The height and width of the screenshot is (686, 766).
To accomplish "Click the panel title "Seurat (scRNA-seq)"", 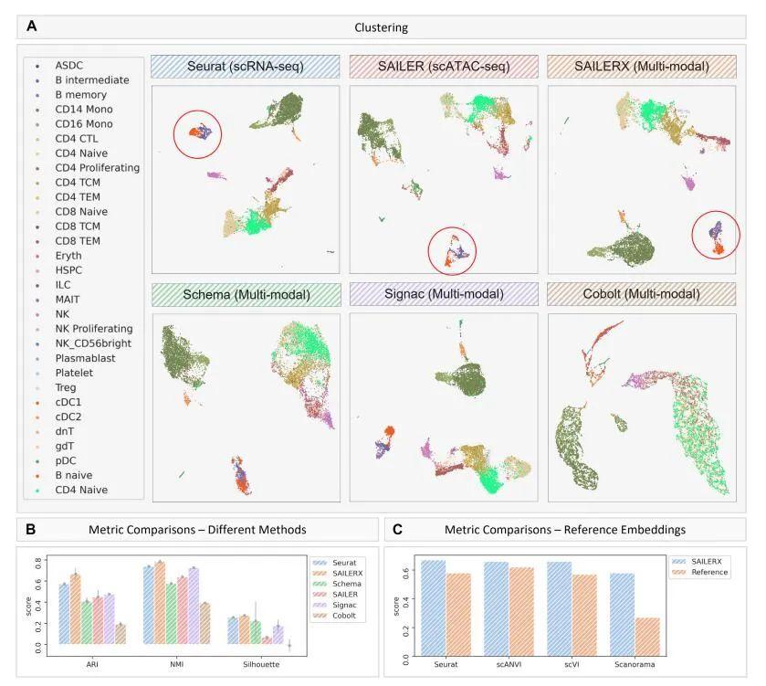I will pos(245,67).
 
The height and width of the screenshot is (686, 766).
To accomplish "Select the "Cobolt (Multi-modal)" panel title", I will pos(641,294).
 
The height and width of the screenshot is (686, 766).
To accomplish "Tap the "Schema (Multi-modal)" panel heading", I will pos(245,294).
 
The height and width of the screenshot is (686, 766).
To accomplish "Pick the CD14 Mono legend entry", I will pos(83,110).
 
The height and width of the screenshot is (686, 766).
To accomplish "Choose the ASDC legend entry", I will pos(69,66).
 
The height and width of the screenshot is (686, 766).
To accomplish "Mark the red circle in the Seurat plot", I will pos(198,133).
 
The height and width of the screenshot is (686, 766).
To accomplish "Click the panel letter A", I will pos(32,26).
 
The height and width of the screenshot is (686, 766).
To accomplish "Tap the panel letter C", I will pos(397,529).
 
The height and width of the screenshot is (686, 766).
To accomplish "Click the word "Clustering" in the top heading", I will pos(382,27).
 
